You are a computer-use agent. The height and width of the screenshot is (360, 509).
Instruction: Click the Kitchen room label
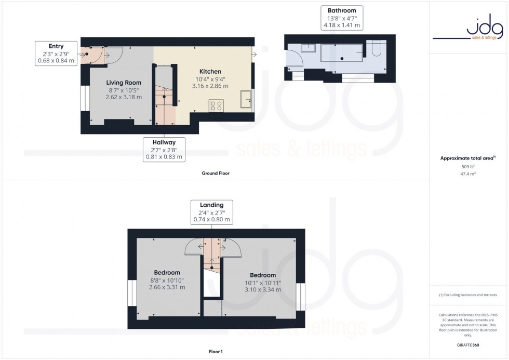210,71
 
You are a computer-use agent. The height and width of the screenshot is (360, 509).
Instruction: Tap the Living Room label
124,83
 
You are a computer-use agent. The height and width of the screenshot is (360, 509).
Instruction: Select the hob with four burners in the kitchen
216,105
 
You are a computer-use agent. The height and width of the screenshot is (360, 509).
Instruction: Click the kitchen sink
245,99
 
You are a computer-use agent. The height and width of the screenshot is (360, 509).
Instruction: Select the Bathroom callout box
342,18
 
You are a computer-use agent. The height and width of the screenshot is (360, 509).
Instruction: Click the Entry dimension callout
56,53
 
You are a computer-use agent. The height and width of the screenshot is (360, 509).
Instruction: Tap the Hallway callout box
164,149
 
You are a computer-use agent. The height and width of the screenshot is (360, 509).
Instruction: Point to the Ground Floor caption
216,174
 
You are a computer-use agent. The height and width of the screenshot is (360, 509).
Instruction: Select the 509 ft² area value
468,166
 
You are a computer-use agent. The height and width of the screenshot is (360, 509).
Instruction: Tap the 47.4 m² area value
468,176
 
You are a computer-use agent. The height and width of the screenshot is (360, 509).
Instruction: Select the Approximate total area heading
467,158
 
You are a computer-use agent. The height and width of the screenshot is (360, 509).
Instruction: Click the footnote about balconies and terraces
468,295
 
